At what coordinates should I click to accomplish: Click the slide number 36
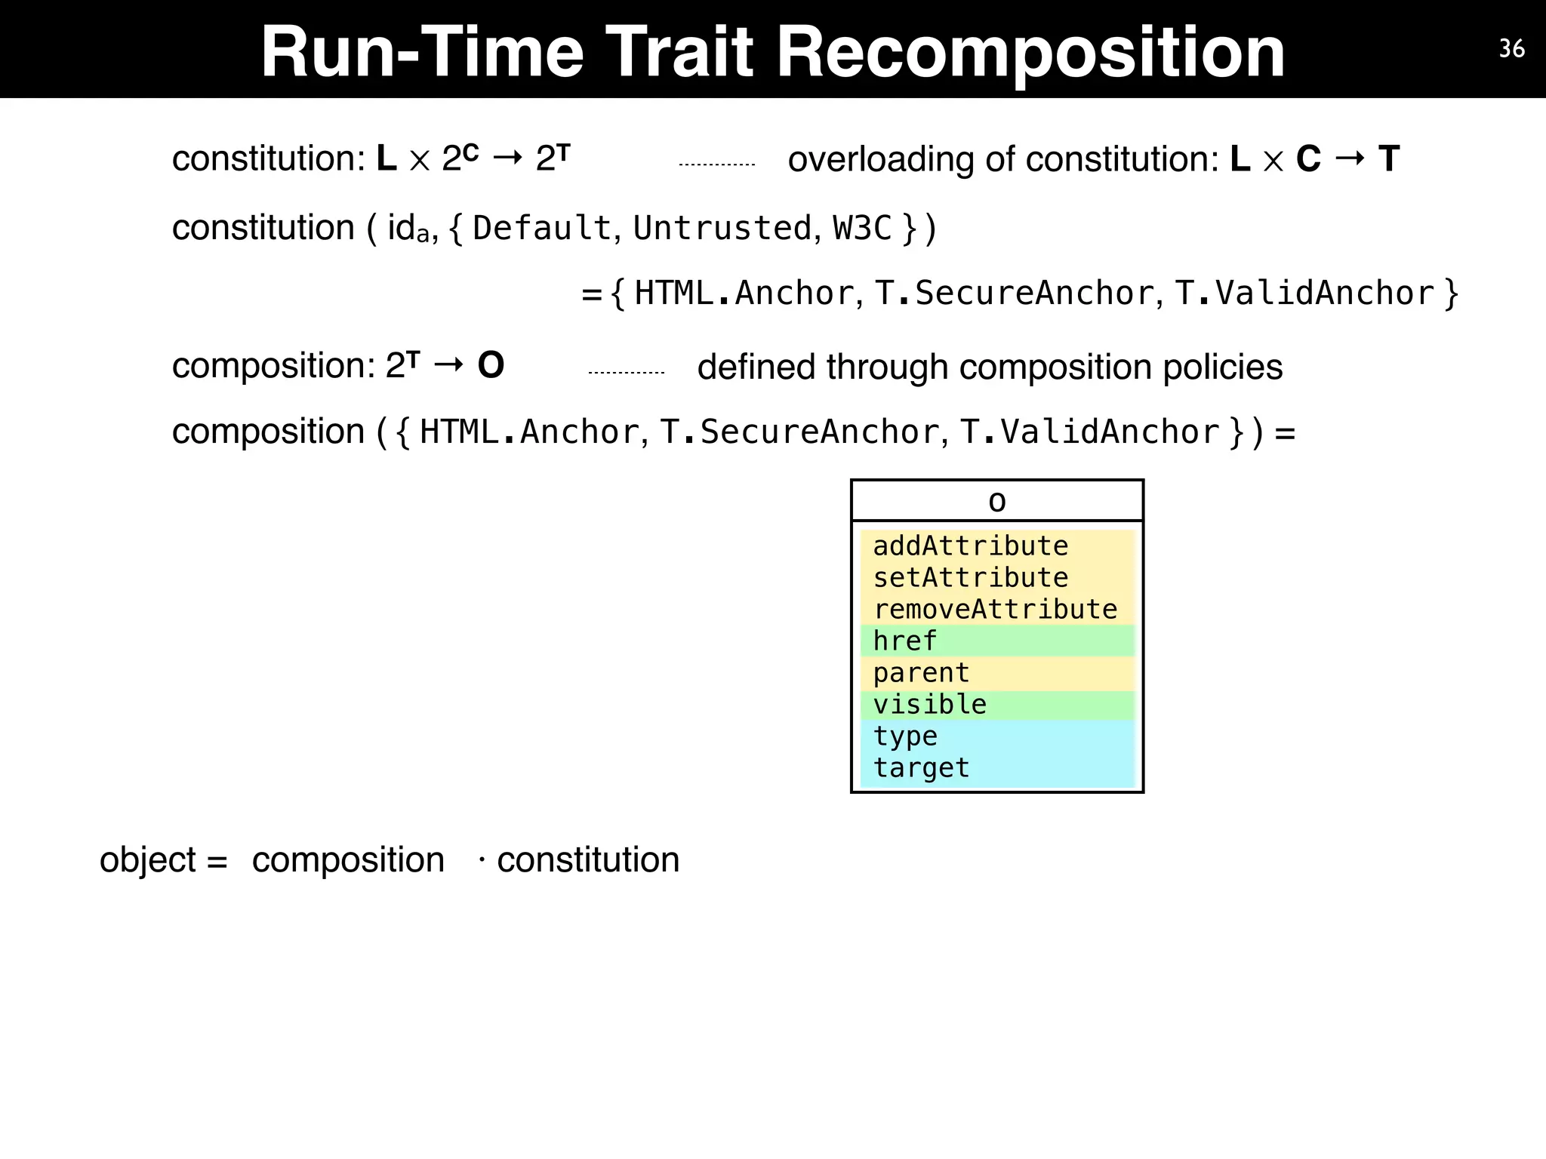tap(1511, 49)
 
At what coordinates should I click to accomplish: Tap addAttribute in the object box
tap(971, 546)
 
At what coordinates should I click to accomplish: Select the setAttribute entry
tap(971, 577)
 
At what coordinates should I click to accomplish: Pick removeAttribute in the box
tap(995, 609)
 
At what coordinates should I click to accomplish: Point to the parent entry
tap(921, 672)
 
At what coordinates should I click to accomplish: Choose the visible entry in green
tap(929, 704)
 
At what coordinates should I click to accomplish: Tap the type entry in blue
tap(905, 736)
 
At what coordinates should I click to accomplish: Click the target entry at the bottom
tap(921, 767)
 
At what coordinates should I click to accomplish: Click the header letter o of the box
tap(997, 502)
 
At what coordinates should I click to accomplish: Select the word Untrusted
tap(722, 228)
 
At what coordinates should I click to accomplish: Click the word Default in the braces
tap(541, 228)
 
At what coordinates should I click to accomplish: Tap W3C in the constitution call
tap(862, 228)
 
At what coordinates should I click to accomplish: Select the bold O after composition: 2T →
tap(491, 366)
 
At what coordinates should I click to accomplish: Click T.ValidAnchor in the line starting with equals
tap(1304, 294)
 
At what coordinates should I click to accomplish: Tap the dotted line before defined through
tap(626, 372)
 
